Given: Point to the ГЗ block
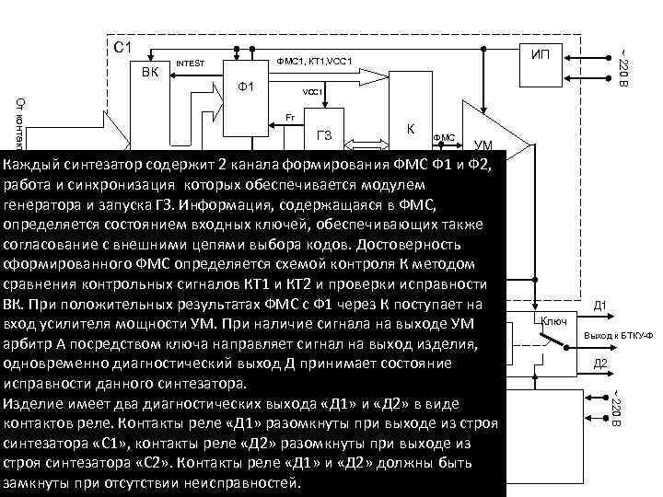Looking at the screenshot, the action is click(x=324, y=136).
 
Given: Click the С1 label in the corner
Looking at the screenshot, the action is click(x=122, y=46).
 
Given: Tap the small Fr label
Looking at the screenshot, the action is click(x=290, y=118).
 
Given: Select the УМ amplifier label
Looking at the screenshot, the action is click(x=483, y=144).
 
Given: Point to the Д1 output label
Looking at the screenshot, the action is click(x=599, y=306).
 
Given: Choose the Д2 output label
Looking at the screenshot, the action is click(x=599, y=364).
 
